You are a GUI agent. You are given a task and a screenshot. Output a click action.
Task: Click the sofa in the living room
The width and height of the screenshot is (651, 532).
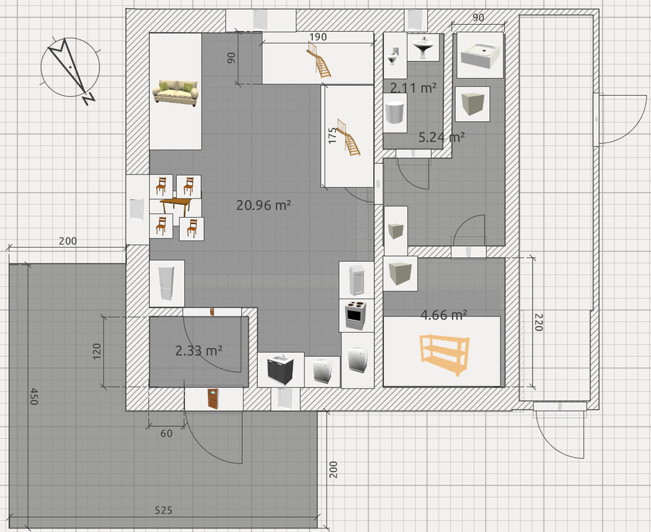tap(175, 93)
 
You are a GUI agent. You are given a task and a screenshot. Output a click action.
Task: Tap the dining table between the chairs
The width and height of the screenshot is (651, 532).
tap(175, 206)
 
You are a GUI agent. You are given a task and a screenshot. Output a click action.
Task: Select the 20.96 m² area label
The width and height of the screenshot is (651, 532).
tap(264, 205)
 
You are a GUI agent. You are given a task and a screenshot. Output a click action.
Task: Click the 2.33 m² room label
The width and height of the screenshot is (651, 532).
tap(199, 350)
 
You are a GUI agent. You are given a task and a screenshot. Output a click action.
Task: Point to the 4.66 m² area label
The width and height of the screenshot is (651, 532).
tap(444, 315)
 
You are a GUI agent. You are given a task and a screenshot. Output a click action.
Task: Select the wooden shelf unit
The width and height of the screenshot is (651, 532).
tap(444, 355)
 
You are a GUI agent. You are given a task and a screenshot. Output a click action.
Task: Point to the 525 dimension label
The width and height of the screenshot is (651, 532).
tap(163, 510)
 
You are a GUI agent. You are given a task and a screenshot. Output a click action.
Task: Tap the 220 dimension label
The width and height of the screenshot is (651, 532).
tap(538, 323)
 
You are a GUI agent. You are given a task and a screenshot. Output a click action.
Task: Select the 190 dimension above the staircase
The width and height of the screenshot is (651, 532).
tap(318, 37)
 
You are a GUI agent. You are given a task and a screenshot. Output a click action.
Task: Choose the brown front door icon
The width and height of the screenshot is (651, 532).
tap(212, 398)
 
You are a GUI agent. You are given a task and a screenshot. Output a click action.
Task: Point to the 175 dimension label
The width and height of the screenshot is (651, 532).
tap(332, 135)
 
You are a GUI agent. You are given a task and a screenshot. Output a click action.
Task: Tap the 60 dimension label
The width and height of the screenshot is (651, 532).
tap(166, 433)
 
